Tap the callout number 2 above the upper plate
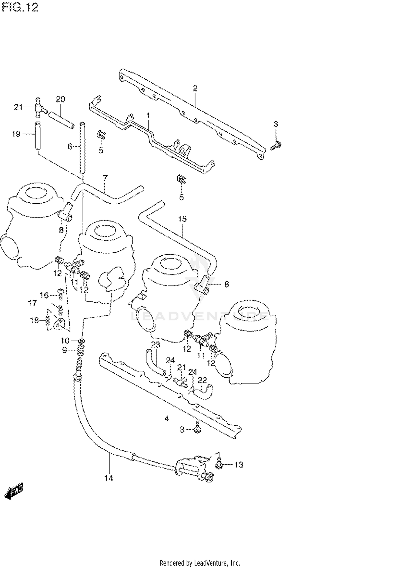(x=195, y=88)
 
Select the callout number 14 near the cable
(x=109, y=478)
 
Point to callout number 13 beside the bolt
(x=239, y=465)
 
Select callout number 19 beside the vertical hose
(x=16, y=134)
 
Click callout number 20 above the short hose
(x=61, y=99)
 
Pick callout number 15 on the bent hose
(x=182, y=219)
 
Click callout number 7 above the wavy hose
(x=105, y=178)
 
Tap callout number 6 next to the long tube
(x=70, y=146)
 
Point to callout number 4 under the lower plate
(x=167, y=419)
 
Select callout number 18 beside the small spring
(x=34, y=320)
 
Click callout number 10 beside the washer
(x=65, y=341)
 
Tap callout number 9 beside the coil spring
(x=65, y=350)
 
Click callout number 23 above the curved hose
(x=155, y=345)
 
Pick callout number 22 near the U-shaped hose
(x=202, y=380)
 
